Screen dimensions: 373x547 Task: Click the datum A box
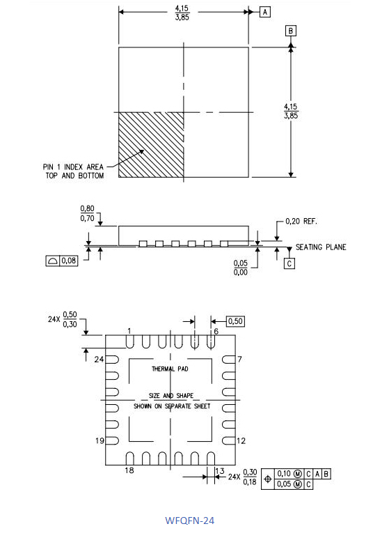pyautogui.click(x=265, y=13)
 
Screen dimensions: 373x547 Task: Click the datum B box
pyautogui.click(x=291, y=31)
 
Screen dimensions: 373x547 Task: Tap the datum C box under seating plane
pyautogui.click(x=289, y=263)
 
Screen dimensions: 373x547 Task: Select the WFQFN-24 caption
pyautogui.click(x=189, y=521)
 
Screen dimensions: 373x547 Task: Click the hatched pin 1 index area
pyautogui.click(x=151, y=145)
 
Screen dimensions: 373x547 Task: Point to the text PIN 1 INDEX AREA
pyautogui.click(x=73, y=167)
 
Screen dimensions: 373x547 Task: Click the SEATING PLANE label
pyautogui.click(x=321, y=247)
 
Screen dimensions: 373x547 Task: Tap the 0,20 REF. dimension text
pyautogui.click(x=301, y=221)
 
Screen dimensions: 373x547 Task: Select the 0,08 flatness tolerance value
pyautogui.click(x=69, y=261)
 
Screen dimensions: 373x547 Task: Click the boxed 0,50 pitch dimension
pyautogui.click(x=235, y=321)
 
